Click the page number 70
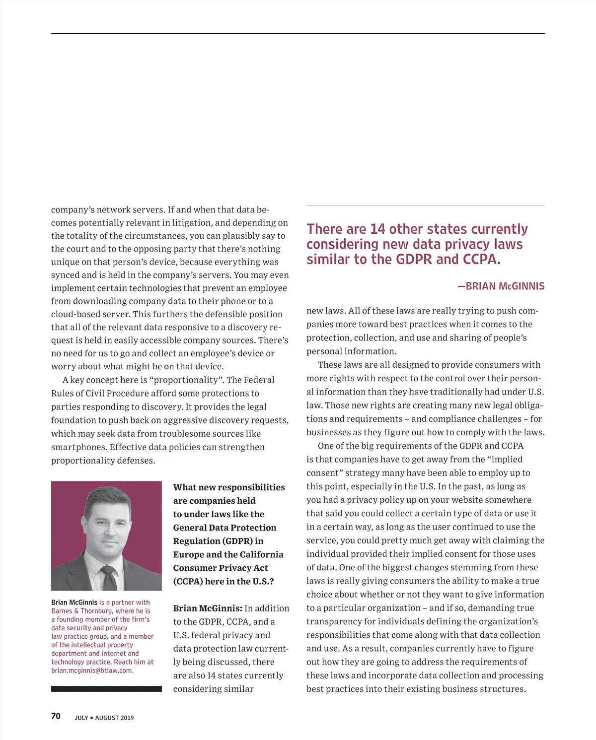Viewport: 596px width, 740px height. pos(56,716)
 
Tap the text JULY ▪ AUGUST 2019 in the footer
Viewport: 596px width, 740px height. pos(104,718)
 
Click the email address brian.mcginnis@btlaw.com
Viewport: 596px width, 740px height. pos(92,671)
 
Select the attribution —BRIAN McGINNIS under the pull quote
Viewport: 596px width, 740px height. pos(501,286)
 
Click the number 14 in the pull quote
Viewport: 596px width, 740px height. pos(377,229)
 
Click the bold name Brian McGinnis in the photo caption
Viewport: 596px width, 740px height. pos(74,603)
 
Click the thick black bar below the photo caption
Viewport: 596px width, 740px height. pos(106,689)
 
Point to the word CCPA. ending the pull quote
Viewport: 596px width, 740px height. pos(481,260)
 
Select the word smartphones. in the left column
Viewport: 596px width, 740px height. pos(78,447)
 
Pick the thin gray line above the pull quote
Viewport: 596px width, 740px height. pos(425,205)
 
